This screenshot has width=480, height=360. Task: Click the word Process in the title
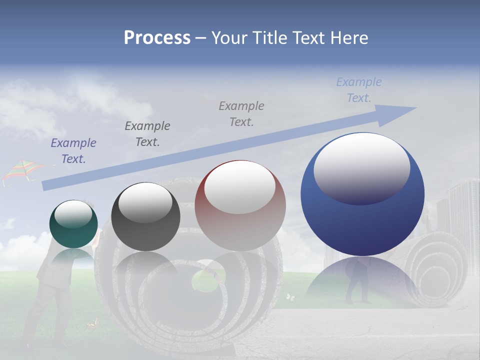157,38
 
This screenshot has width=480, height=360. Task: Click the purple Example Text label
73,151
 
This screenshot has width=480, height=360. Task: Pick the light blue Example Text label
359,90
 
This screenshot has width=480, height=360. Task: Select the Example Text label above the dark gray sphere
147,133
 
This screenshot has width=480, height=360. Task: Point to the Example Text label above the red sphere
241,113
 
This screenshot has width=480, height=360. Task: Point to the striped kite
22,171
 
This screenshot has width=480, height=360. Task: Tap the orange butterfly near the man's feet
91,324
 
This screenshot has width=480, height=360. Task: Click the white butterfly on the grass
290,297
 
